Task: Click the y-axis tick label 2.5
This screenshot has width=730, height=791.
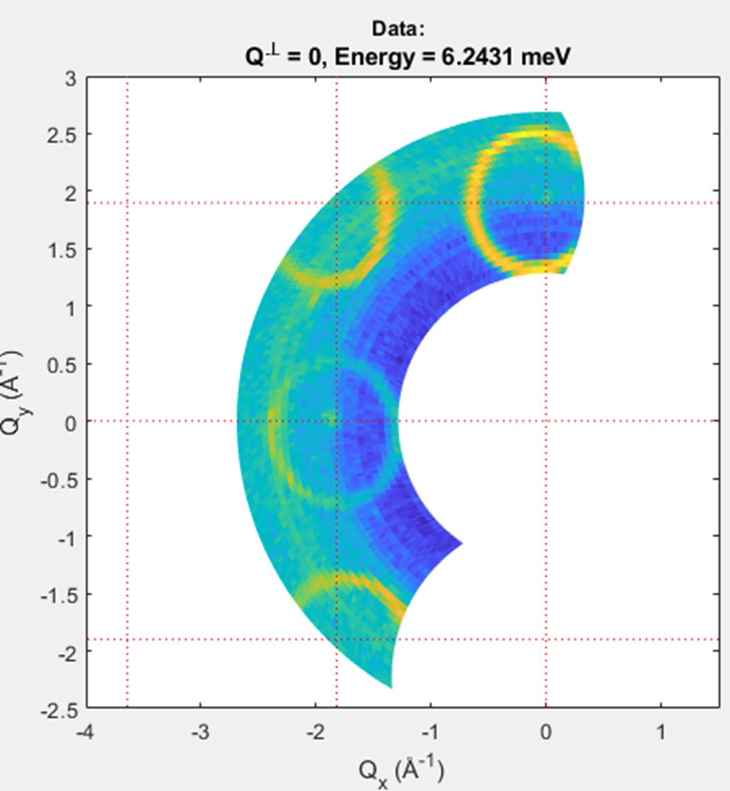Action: click(61, 135)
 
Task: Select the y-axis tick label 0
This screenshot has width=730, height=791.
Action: click(70, 423)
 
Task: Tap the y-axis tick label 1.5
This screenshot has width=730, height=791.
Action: click(61, 250)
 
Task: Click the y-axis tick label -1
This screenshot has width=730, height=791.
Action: click(66, 538)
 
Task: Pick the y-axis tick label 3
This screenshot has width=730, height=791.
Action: click(70, 79)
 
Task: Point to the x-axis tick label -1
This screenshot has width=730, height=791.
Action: click(430, 732)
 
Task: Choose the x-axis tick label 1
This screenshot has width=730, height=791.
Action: click(661, 732)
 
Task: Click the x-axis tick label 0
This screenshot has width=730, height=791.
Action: click(546, 732)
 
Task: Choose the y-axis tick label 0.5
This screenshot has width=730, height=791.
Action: click(61, 366)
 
